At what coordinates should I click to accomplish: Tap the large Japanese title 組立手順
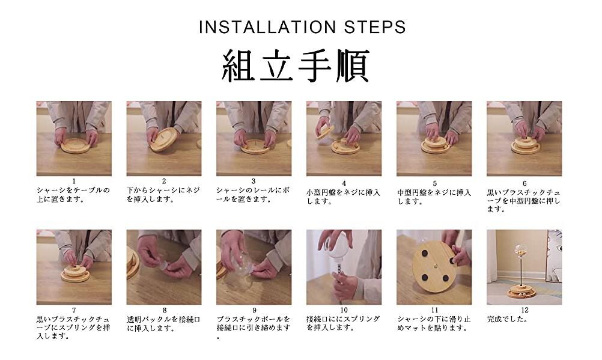296,66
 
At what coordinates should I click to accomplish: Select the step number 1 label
74,182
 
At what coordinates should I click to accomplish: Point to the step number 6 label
524,184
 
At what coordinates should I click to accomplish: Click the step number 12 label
524,310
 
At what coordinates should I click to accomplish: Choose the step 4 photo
344,139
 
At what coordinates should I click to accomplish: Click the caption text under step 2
163,195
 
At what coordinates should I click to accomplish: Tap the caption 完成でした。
508,319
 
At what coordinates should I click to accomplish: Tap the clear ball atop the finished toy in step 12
520,251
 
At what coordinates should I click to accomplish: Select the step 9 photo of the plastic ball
254,267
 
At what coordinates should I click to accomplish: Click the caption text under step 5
434,197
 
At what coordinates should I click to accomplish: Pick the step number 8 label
165,310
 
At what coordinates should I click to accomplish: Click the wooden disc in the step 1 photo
76,145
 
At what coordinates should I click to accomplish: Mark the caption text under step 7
73,328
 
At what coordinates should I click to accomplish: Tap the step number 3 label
254,182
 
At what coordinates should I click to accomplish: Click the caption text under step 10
343,323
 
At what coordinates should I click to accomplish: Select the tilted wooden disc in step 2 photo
164,139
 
